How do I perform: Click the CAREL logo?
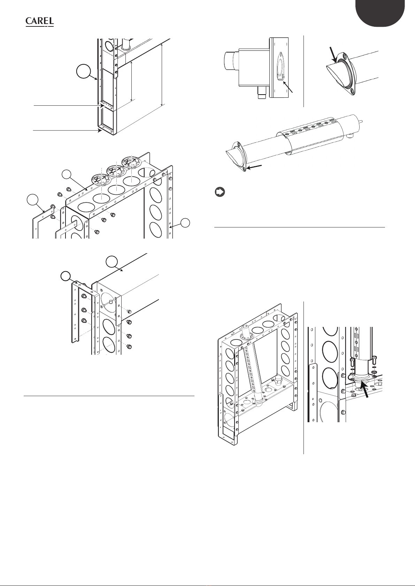coord(39,22)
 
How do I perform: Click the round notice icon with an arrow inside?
coord(220,192)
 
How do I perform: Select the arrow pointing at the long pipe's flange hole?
coord(254,167)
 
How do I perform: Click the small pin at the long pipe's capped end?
coord(362,121)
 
